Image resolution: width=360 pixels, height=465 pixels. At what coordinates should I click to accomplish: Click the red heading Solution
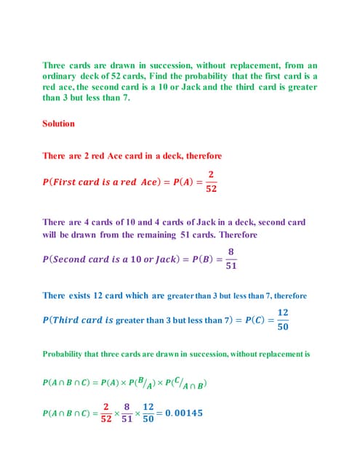pyautogui.click(x=58, y=124)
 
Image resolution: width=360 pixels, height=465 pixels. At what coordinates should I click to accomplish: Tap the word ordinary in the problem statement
pyautogui.click(x=60, y=76)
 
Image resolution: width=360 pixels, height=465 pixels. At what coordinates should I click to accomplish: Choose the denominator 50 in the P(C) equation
pyautogui.click(x=283, y=327)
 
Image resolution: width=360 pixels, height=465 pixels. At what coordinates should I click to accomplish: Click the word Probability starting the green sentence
pyautogui.click(x=65, y=355)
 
